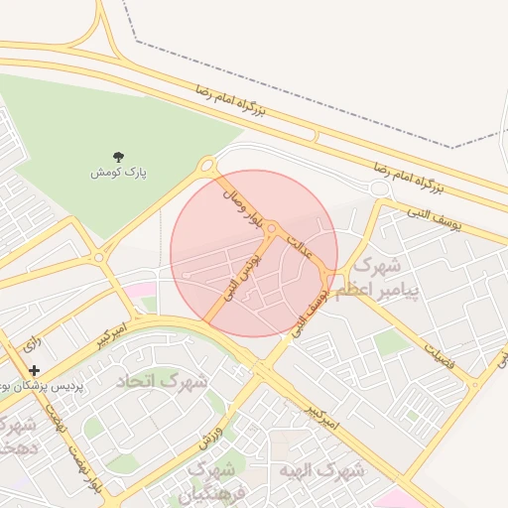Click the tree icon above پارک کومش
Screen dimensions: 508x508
[118, 156]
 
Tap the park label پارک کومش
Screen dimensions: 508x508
[118, 173]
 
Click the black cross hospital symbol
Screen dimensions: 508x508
[34, 370]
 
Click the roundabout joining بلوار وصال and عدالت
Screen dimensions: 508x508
[270, 230]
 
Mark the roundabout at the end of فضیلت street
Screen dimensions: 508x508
[477, 383]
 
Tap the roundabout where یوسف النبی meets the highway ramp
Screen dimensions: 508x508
[378, 189]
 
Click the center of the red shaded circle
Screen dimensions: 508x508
[254, 253]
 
